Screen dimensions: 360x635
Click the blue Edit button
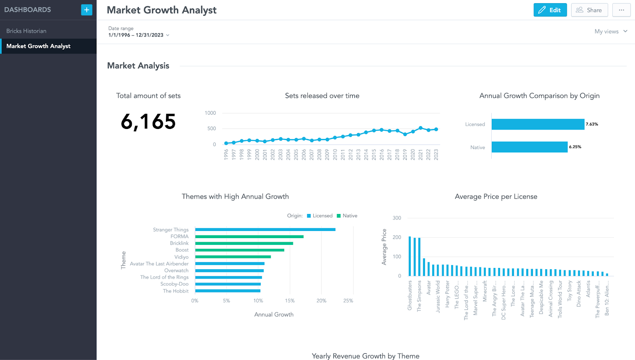click(550, 10)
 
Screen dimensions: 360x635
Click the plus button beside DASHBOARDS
click(87, 10)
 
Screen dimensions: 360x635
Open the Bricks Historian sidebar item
click(26, 31)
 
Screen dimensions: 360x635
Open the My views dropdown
click(610, 31)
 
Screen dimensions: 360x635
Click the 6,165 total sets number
click(148, 121)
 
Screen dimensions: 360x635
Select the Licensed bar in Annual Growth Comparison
click(538, 124)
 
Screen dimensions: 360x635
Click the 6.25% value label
click(575, 147)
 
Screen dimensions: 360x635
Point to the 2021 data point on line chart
click(421, 128)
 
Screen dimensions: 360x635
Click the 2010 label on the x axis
click(335, 154)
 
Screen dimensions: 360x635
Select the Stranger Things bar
click(265, 229)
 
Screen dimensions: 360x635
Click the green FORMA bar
click(249, 237)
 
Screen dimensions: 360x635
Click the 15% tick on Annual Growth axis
click(290, 300)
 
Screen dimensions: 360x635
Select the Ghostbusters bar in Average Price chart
click(410, 256)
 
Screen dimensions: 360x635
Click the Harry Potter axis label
click(447, 294)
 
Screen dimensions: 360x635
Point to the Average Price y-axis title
click(384, 246)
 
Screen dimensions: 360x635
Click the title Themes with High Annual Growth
click(235, 196)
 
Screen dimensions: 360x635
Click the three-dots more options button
click(621, 10)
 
